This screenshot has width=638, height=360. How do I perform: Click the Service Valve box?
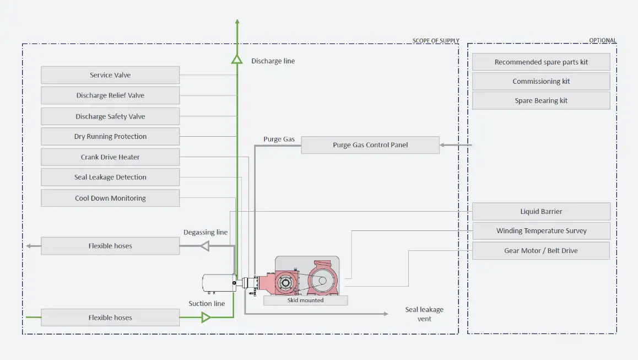[x=110, y=75]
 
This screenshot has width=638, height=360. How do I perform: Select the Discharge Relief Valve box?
[x=110, y=95]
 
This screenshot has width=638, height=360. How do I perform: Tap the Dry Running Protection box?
[x=110, y=137]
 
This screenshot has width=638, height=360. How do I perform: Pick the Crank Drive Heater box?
[x=110, y=157]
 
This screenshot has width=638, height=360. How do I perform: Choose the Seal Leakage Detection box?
[x=110, y=178]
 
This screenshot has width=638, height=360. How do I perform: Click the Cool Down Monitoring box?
[x=110, y=198]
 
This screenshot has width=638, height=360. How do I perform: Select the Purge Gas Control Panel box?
[x=370, y=146]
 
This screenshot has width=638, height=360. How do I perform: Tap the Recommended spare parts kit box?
[x=541, y=62]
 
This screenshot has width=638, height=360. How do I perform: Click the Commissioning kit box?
[x=541, y=82]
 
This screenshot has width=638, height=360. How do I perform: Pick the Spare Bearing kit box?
[x=541, y=101]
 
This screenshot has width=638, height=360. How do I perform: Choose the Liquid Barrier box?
[x=541, y=212]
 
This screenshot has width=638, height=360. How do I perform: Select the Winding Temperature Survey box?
[x=541, y=231]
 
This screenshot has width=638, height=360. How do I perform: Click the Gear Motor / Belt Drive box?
[x=541, y=251]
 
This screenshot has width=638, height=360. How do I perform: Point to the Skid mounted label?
[x=305, y=300]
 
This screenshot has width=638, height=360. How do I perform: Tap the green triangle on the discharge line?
[x=237, y=59]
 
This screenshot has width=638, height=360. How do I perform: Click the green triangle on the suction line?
[x=206, y=317]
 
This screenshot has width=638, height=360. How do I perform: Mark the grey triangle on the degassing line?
[x=204, y=246]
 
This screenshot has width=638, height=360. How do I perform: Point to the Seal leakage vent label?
[x=424, y=314]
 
